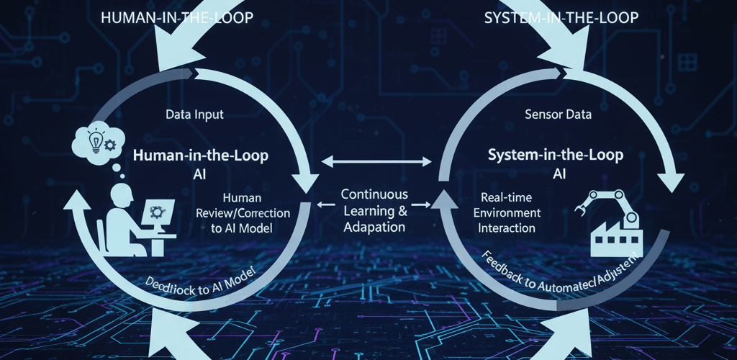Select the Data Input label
194,114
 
